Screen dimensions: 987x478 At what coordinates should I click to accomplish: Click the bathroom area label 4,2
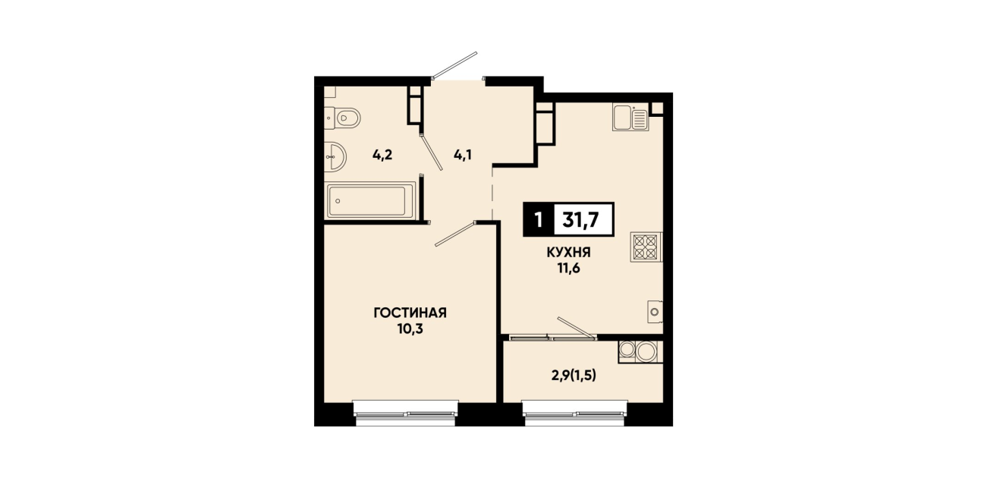[x=382, y=155]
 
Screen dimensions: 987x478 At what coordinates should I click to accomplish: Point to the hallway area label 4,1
[x=463, y=155]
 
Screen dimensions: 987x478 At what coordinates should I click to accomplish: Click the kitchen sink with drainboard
[x=630, y=118]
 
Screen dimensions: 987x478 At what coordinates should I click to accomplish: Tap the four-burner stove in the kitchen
[x=646, y=247]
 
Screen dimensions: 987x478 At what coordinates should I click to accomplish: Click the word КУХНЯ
[x=568, y=253]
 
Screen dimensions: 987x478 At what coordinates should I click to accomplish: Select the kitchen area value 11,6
[x=568, y=268]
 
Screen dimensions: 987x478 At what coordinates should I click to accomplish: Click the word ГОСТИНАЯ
[x=410, y=313]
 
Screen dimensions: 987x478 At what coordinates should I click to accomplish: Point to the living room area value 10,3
[x=410, y=329]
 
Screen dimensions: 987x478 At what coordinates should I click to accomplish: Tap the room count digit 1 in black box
[x=538, y=219]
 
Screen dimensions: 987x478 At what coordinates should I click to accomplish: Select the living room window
[x=406, y=414]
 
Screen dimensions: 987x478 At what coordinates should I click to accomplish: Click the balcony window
[x=575, y=414]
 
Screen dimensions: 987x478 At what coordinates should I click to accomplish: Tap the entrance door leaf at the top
[x=454, y=65]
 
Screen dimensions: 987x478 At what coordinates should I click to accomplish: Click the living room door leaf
[x=455, y=234]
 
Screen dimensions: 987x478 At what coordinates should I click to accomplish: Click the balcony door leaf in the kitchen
[x=577, y=327]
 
